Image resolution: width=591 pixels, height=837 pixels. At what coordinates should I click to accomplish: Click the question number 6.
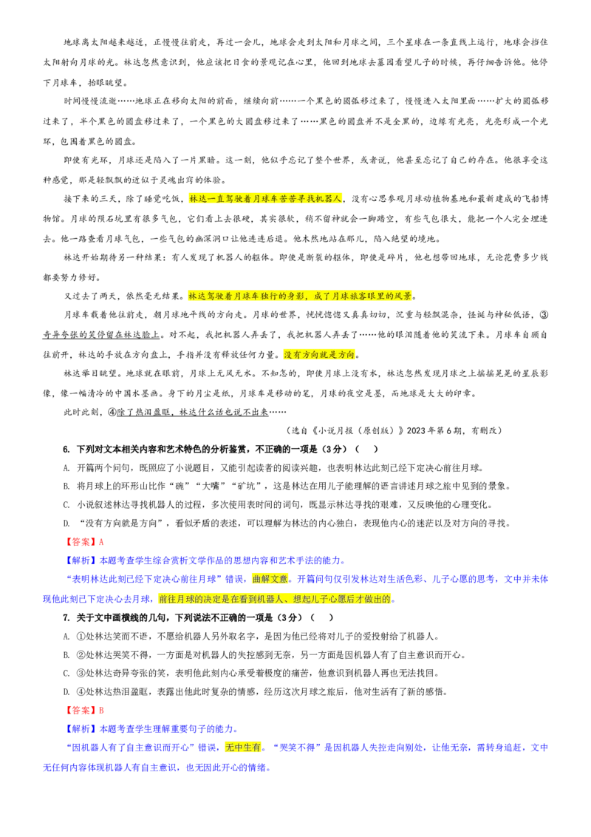coord(66,450)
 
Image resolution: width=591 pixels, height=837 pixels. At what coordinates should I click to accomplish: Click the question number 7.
coord(66,617)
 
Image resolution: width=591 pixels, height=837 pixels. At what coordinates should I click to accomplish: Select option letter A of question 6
coord(66,468)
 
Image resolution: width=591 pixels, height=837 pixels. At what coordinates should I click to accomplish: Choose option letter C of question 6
coord(66,505)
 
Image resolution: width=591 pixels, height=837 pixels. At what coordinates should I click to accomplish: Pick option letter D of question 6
coord(66,523)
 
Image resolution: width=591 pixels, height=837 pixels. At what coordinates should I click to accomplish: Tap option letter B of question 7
coord(66,655)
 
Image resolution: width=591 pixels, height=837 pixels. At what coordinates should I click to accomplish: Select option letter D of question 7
coord(66,692)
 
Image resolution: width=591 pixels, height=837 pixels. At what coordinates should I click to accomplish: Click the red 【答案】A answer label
coord(83,542)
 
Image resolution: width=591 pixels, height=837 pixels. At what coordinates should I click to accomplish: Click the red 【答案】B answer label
coord(83,711)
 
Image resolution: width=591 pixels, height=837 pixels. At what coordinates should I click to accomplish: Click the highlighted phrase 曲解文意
coord(270,579)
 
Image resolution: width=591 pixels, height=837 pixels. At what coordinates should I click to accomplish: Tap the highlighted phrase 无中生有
coord(243,748)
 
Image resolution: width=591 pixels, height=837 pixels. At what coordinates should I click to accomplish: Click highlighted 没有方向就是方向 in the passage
coord(319,354)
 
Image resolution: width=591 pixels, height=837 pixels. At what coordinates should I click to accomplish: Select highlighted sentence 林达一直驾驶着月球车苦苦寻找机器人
coord(265,199)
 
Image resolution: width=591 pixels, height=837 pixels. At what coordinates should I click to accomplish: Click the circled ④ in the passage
coord(112,413)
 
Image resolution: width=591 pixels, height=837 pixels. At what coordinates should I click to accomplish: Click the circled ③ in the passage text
coord(544,315)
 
